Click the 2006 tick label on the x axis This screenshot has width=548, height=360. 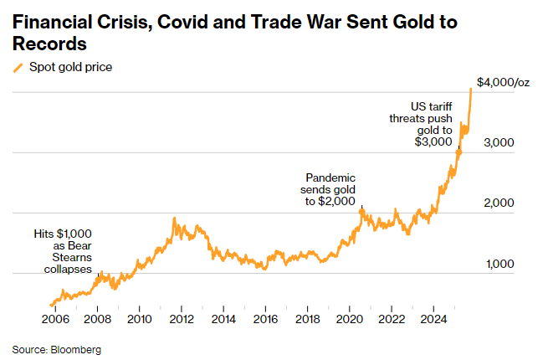pyautogui.click(x=54, y=319)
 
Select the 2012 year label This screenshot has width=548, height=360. pyautogui.click(x=181, y=319)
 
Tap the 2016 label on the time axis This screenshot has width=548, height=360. pyautogui.click(x=265, y=319)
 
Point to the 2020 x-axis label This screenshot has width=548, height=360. pyautogui.click(x=350, y=319)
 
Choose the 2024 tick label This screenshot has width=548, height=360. pyautogui.click(x=433, y=319)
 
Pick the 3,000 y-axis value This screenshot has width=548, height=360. pyautogui.click(x=500, y=143)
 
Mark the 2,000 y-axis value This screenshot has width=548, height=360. pyautogui.click(x=500, y=203)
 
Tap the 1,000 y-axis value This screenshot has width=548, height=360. pyautogui.click(x=500, y=264)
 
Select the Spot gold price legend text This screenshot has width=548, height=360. pyautogui.click(x=71, y=68)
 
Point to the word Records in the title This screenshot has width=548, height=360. pyautogui.click(x=50, y=44)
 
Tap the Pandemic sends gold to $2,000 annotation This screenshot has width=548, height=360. pyautogui.click(x=330, y=190)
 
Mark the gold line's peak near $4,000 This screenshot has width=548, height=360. pyautogui.click(x=471, y=88)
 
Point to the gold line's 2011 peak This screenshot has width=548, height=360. pyautogui.click(x=174, y=219)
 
